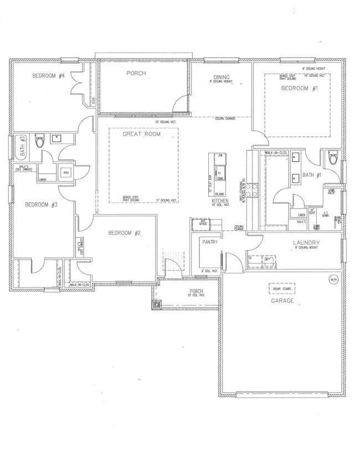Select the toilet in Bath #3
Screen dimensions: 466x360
pos(39,142)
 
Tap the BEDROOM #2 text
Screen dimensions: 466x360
pos(124,233)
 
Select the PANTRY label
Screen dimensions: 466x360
pos(209,242)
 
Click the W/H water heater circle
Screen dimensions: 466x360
pos(332,279)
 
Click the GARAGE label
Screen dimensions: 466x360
pos(282,301)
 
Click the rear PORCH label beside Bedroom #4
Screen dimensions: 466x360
pos(136,73)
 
